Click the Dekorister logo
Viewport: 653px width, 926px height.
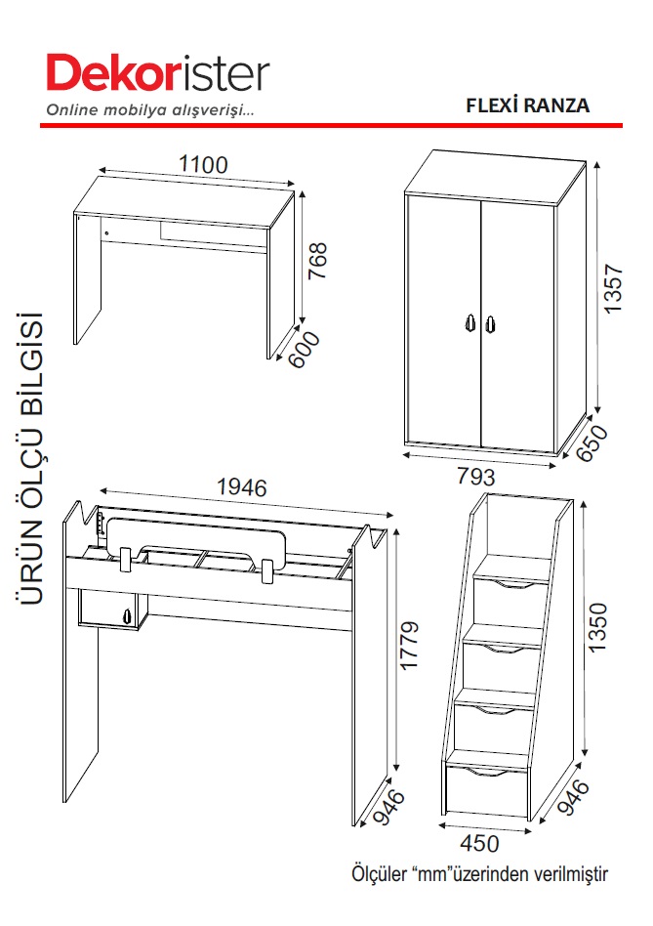[158, 73]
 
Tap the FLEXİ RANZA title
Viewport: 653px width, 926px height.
[527, 105]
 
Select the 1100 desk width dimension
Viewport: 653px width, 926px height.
[203, 164]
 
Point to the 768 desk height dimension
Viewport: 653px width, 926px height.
[317, 261]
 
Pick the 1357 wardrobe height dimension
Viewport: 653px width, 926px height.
[613, 288]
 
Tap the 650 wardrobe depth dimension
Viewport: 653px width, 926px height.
[592, 442]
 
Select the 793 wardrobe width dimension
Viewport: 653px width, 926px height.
[476, 476]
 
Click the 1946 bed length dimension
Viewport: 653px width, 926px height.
[242, 487]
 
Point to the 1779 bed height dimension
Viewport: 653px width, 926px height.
[409, 645]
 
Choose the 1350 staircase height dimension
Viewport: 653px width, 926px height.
[597, 627]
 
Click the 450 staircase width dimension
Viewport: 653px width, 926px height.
[479, 843]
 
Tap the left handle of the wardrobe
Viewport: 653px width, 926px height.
[469, 322]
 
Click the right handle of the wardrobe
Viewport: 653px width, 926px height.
[490, 324]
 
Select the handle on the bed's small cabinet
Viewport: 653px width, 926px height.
[126, 615]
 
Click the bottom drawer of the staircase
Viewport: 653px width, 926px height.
[486, 789]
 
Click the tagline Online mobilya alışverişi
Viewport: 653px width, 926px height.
[150, 109]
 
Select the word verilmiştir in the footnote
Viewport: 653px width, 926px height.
[571, 873]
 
